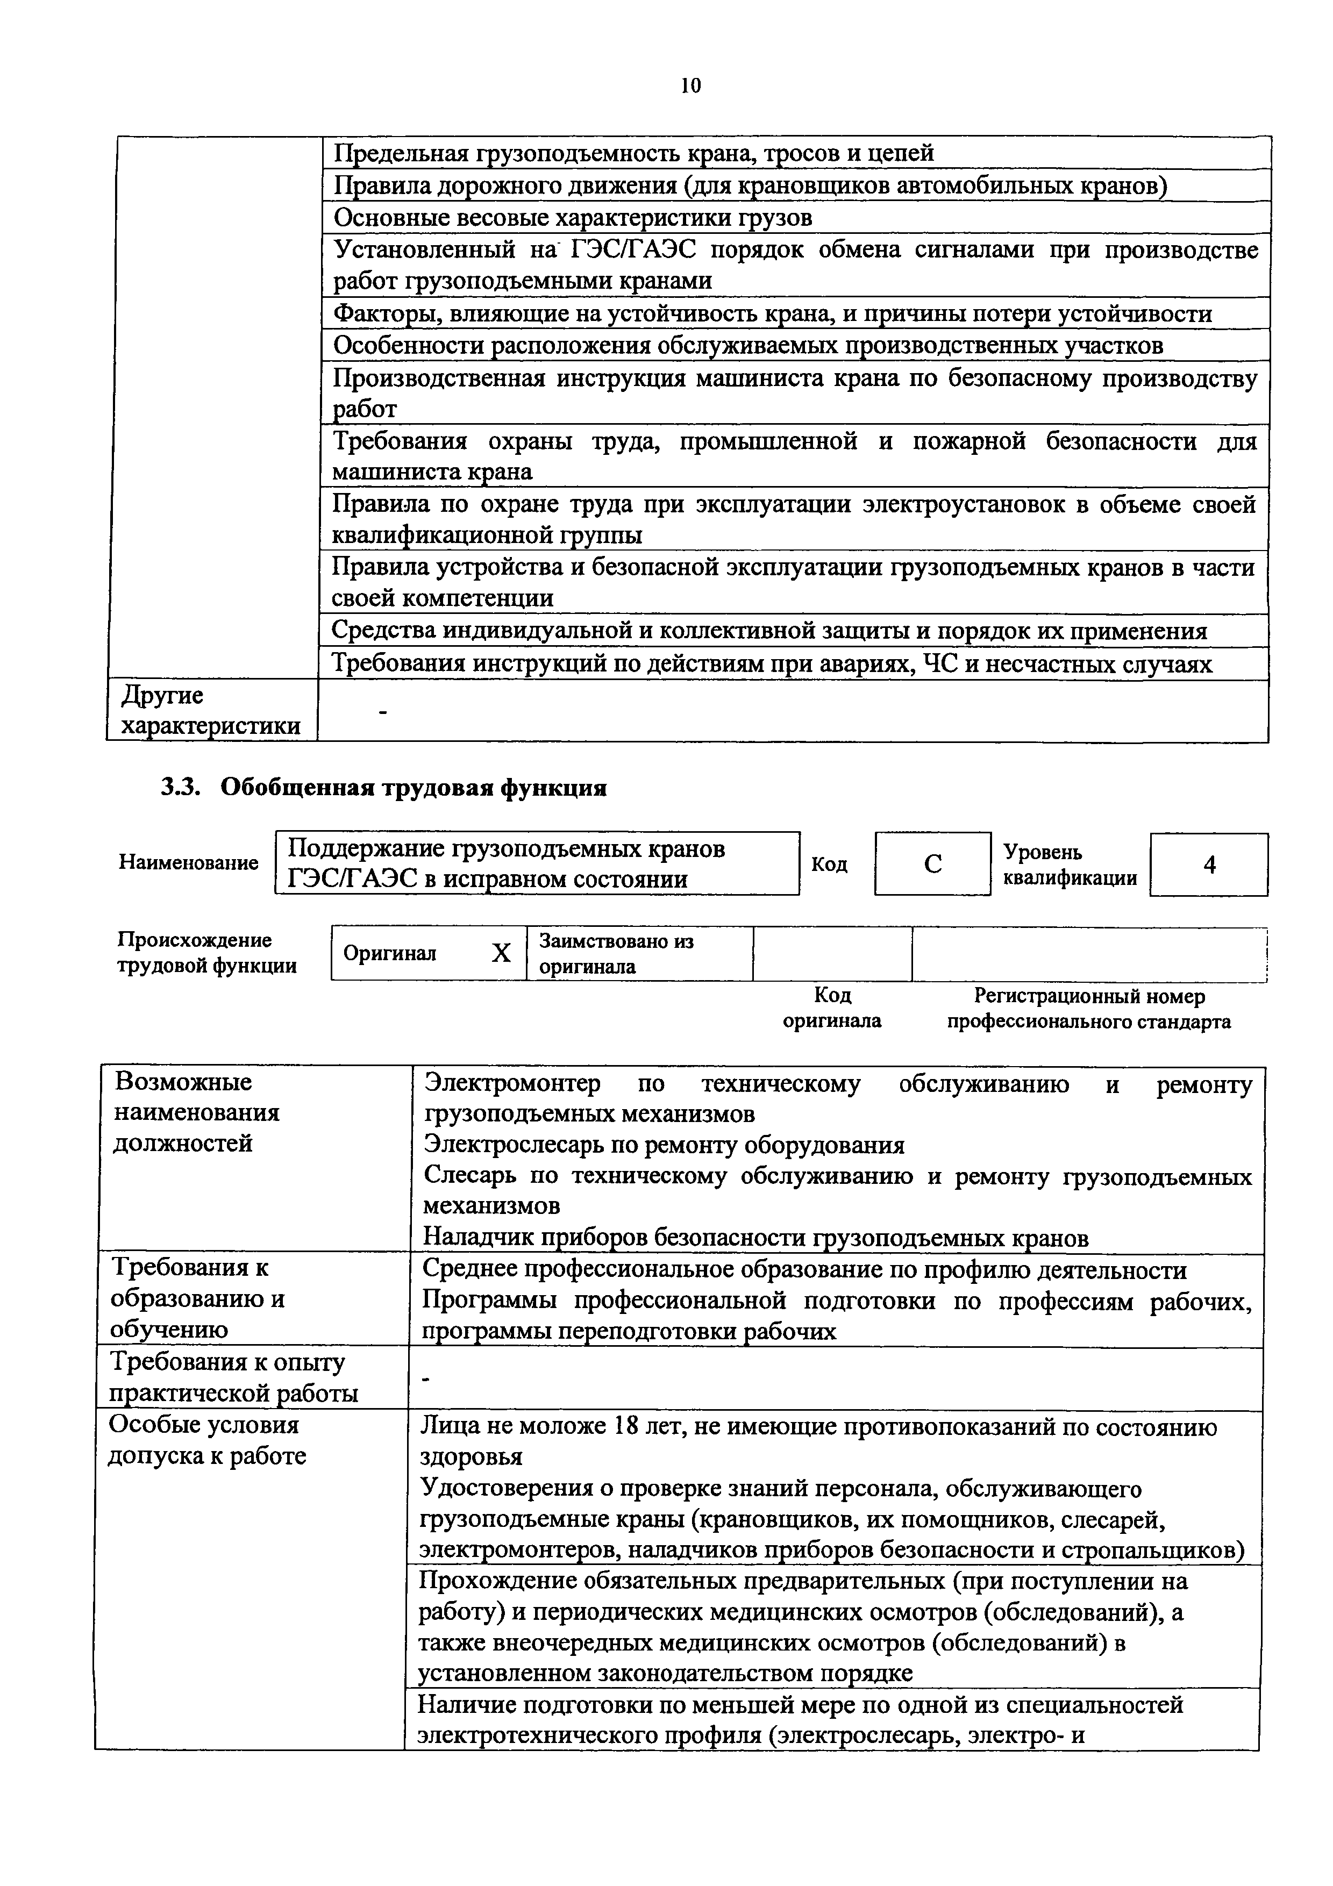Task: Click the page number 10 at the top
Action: pos(690,86)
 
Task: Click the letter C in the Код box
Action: pos(932,864)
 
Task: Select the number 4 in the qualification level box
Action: pos(1209,864)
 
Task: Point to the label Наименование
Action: pos(188,862)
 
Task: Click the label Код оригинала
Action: pos(832,1008)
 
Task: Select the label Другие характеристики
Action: pos(209,711)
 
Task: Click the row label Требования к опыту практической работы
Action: pos(233,1377)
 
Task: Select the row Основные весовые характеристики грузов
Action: pos(573,218)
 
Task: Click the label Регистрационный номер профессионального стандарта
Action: pos(1088,1009)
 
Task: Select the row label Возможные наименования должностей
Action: pos(196,1112)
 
